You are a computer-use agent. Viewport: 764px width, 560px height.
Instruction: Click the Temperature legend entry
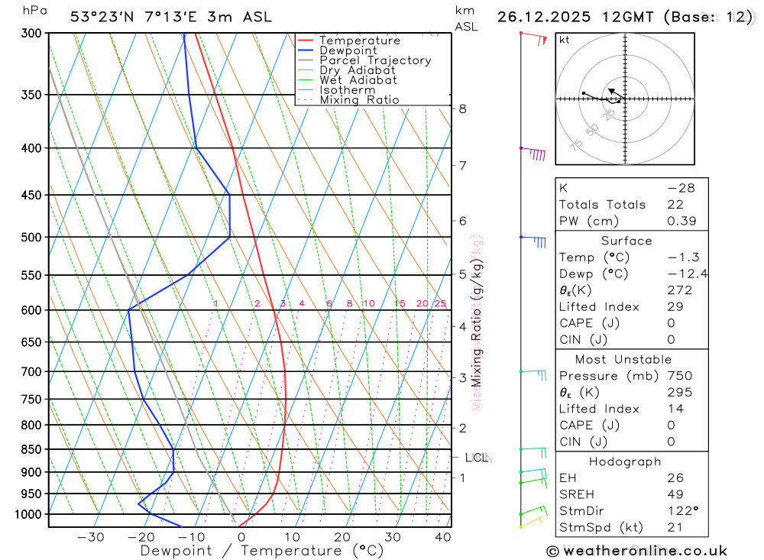[359, 40]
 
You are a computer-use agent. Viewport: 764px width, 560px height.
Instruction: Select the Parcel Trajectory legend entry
[375, 60]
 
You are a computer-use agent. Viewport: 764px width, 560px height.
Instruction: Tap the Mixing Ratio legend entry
[359, 100]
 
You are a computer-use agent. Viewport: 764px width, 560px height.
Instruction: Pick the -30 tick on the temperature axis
[91, 537]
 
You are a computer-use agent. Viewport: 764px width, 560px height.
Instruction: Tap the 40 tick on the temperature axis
[442, 537]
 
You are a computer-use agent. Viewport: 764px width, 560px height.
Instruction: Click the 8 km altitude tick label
[463, 108]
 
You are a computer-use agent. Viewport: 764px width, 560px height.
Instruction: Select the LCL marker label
[476, 458]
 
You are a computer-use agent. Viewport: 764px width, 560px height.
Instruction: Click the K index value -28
[680, 188]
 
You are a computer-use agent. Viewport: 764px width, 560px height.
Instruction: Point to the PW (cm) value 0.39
[680, 221]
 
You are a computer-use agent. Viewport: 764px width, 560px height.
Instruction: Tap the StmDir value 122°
[681, 511]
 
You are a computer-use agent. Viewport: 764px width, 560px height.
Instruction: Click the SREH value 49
[675, 494]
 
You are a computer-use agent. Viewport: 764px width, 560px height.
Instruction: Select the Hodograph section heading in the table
[626, 461]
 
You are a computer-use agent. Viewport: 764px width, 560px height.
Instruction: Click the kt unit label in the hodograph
[565, 40]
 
